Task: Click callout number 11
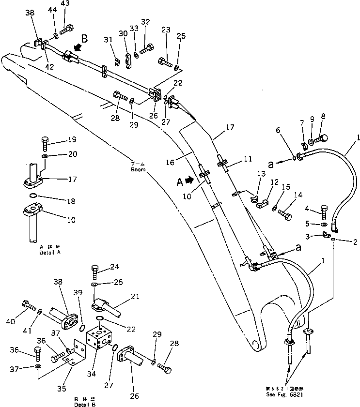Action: click(235, 159)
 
